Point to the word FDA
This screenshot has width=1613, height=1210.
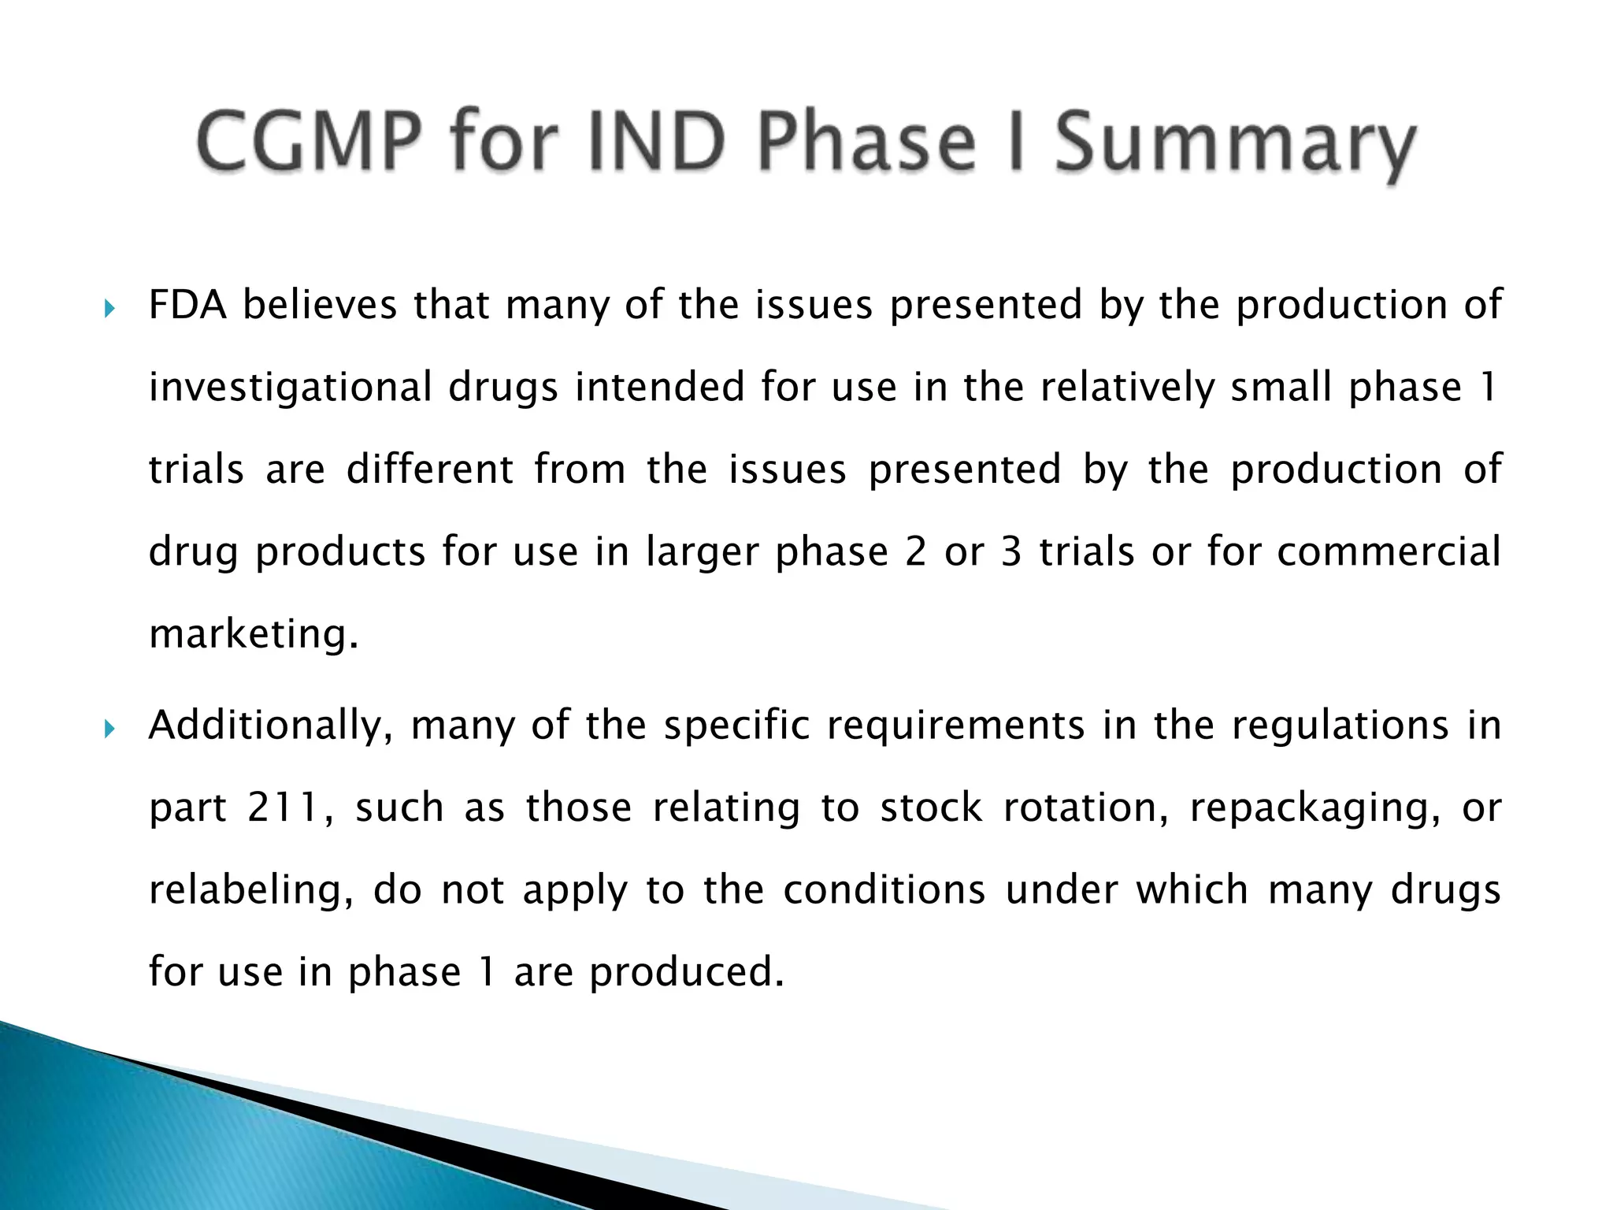(187, 306)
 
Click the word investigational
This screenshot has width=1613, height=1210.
(290, 388)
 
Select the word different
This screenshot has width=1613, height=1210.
(430, 470)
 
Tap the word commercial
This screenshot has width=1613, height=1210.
(1389, 551)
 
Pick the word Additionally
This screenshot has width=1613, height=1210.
(271, 726)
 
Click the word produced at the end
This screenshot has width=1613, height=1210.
(687, 973)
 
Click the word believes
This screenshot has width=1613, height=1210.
(320, 306)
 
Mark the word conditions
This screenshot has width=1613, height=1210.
(884, 891)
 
